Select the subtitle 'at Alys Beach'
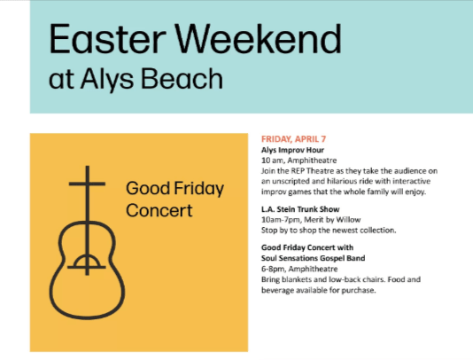click(x=136, y=81)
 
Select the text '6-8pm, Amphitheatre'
click(x=298, y=269)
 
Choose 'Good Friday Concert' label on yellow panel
click(x=174, y=200)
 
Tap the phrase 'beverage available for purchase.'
click(x=314, y=290)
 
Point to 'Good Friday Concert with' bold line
click(x=307, y=247)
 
